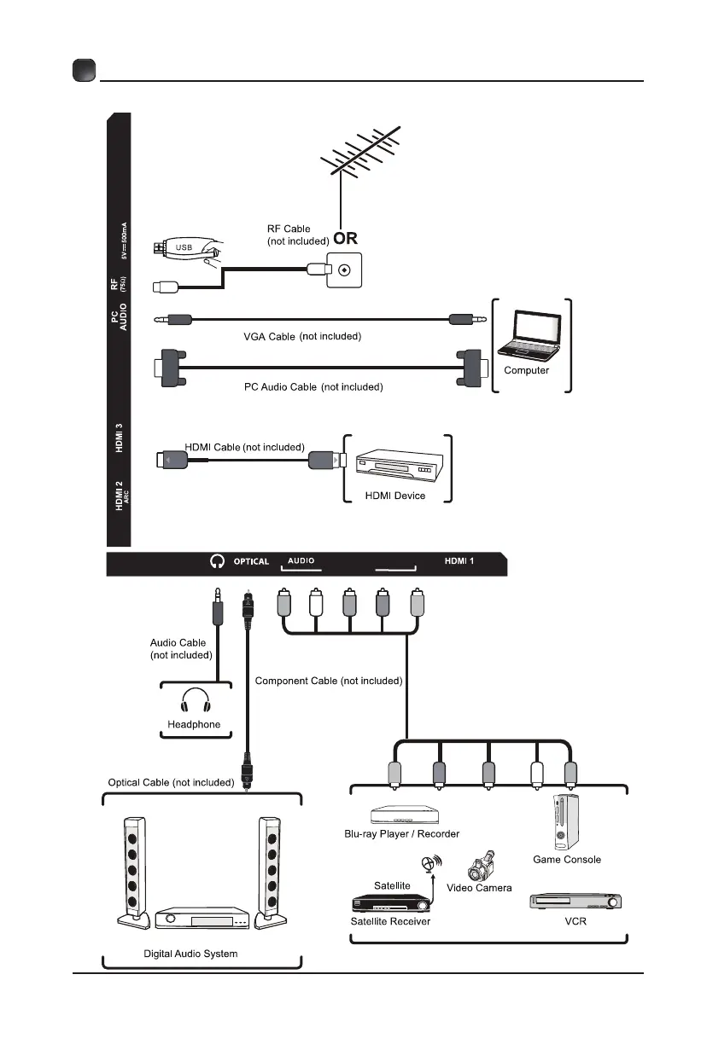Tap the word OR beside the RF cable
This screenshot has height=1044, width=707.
(346, 240)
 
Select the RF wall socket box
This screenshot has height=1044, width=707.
(344, 270)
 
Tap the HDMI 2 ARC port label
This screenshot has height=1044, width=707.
(120, 496)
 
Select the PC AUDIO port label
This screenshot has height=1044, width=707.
(120, 328)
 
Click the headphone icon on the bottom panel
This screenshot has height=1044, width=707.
(217, 561)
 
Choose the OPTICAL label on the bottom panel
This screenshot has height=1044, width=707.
(251, 562)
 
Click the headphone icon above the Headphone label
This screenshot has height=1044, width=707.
(194, 702)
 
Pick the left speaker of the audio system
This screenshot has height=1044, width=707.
(132, 873)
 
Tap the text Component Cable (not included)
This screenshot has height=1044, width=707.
(329, 681)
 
